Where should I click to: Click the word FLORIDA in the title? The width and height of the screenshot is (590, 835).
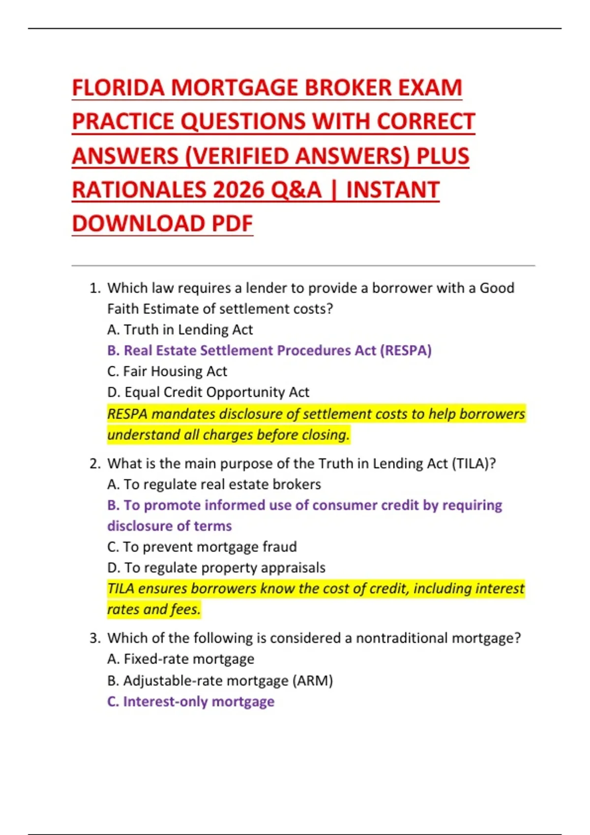pos(118,88)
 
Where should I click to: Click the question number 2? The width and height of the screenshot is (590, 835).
pos(94,464)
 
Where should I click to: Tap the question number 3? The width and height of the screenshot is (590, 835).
pos(94,638)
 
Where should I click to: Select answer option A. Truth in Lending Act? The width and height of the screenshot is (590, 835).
pos(180,330)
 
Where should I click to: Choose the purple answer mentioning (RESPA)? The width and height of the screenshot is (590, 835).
pos(269,351)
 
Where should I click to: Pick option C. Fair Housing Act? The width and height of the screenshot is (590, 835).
pos(167,371)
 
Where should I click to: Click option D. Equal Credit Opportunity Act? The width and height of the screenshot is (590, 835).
pos(208,392)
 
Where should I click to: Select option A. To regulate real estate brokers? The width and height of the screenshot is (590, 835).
pos(214,484)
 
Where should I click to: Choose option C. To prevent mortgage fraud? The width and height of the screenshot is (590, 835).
pos(202,547)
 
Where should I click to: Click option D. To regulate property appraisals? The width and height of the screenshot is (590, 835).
pos(216,568)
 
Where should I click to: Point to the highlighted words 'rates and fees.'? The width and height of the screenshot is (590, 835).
pos(154,610)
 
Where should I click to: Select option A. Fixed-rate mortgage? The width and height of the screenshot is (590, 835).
pos(180,659)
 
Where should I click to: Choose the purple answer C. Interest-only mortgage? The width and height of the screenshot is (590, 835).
pos(191,701)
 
